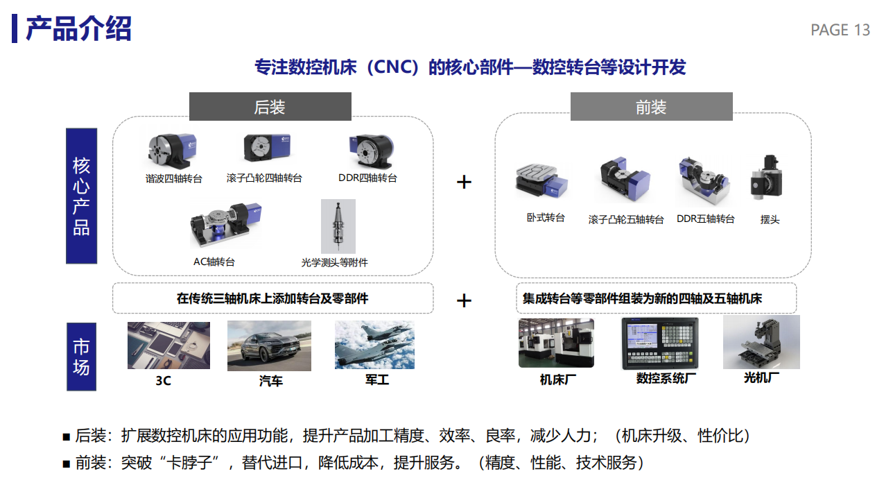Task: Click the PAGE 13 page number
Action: (840, 30)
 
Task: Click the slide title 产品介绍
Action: (78, 29)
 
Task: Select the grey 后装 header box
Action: (270, 107)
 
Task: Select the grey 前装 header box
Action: (651, 107)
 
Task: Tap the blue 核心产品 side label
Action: (81, 196)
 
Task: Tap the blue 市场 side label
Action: (81, 357)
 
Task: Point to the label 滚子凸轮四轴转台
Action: (264, 178)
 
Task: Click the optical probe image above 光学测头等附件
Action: (338, 226)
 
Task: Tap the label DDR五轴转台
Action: (705, 219)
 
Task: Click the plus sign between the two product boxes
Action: (464, 182)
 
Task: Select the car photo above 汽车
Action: (269, 346)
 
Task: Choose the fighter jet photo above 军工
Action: (374, 344)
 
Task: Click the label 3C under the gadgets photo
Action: (163, 381)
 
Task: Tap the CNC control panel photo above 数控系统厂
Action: (659, 343)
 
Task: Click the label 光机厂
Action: (761, 377)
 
